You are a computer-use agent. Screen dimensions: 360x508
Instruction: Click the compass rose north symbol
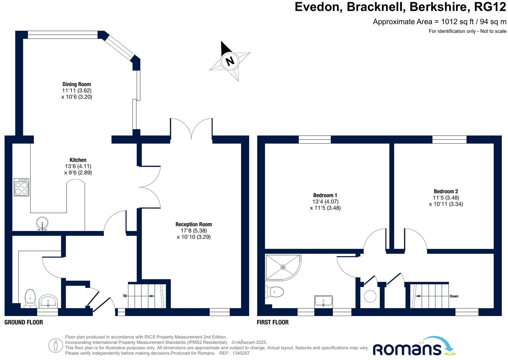point(230,61)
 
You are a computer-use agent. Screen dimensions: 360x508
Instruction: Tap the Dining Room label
point(76,84)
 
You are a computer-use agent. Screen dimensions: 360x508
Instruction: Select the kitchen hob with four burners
point(22,187)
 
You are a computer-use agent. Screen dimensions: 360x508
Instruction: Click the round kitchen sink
point(42,223)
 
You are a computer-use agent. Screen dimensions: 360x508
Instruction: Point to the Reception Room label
point(194,224)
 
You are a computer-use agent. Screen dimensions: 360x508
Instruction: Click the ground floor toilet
point(30,298)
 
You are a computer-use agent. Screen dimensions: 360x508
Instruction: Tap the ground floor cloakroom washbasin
point(48,301)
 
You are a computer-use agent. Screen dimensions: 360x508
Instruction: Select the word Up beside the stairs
point(125,296)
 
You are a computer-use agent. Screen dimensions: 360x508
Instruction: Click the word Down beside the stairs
point(454,296)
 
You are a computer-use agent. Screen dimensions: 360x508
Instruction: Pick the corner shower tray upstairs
point(283,267)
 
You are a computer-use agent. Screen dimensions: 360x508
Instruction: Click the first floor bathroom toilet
point(275,291)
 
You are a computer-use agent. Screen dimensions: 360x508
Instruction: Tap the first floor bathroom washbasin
point(324,301)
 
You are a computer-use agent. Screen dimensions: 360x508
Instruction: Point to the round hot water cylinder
point(370,296)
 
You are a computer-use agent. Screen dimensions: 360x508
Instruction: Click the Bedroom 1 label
point(325,195)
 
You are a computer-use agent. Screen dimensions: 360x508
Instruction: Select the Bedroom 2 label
point(446,191)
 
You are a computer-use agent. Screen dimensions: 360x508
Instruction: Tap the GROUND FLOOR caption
point(24,322)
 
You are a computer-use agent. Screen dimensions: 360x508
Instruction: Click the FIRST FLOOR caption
point(272,322)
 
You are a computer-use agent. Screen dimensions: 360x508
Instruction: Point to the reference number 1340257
point(241,353)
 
